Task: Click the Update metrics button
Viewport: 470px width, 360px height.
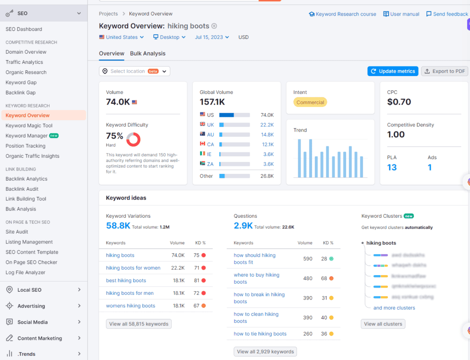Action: (393, 71)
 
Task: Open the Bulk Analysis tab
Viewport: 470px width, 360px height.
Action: (147, 54)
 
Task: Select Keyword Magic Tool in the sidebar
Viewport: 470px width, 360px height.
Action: (29, 126)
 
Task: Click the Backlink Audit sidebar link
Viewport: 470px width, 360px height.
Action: (22, 189)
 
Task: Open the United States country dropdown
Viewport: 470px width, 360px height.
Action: (122, 37)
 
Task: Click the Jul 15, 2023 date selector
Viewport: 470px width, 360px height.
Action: (212, 37)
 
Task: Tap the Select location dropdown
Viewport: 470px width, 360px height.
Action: (134, 71)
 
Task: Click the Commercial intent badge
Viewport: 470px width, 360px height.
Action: (310, 102)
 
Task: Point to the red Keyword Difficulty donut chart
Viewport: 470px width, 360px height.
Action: (133, 139)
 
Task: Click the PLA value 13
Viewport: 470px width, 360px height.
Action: (392, 167)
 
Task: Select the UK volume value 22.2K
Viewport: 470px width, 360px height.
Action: (267, 125)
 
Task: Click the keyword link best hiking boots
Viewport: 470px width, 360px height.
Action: (126, 280)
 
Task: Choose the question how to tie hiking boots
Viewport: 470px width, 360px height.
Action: (260, 334)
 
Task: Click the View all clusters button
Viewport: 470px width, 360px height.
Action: (383, 324)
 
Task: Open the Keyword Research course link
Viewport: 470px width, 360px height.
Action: (342, 14)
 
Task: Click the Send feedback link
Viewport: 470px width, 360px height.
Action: (447, 14)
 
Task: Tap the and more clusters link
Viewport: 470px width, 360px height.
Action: (394, 308)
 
